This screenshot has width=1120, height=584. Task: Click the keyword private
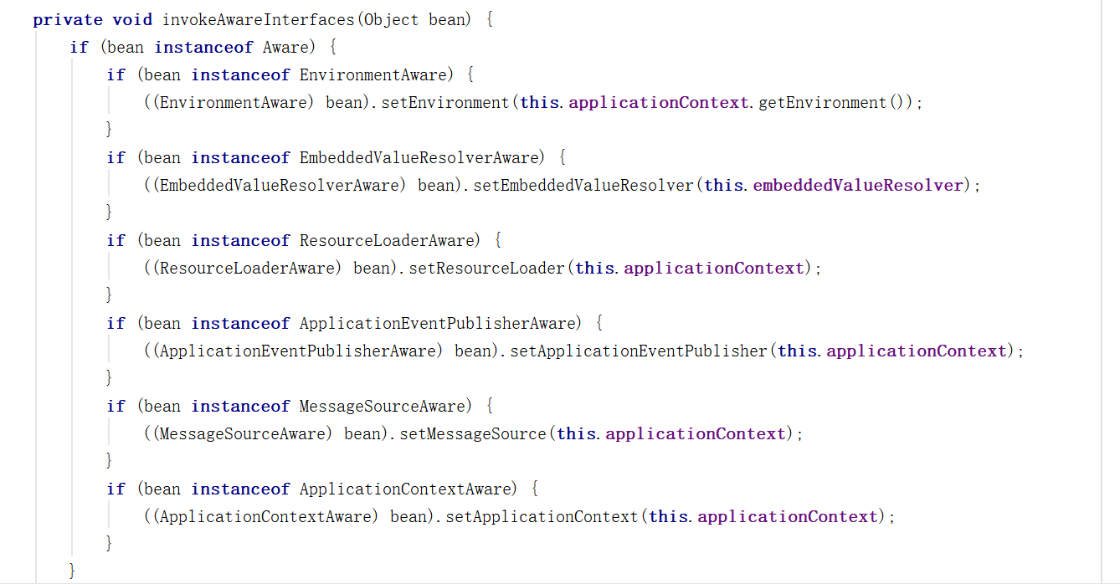pos(68,19)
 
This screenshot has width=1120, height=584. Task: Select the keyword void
pos(132,19)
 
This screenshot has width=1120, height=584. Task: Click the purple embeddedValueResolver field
pos(858,185)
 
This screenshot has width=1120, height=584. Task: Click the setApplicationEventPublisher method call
pos(639,351)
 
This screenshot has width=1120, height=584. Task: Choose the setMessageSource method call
pos(473,433)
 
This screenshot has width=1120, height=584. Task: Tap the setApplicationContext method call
pos(542,516)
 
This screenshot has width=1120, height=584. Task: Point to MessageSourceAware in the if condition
pos(381,406)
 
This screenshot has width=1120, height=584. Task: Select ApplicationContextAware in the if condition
pos(404,489)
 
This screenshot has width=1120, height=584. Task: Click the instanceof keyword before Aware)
pos(204,47)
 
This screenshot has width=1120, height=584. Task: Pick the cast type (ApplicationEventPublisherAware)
pos(296,351)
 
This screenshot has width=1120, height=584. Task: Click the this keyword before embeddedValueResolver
pos(723,185)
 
